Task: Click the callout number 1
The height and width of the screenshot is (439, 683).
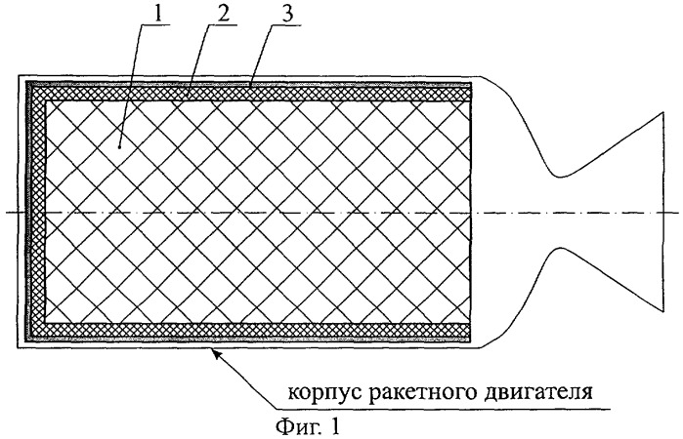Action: point(157,14)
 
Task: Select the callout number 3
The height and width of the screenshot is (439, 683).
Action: point(287,14)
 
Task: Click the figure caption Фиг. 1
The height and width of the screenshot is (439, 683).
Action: point(308,426)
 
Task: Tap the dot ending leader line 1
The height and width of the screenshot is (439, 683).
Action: point(119,147)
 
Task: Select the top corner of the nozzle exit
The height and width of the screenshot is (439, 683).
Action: point(663,112)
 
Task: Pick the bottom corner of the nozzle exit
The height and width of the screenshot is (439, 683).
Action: point(663,312)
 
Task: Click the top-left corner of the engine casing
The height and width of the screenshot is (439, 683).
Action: point(18,76)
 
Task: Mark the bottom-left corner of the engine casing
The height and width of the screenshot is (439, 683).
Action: point(18,347)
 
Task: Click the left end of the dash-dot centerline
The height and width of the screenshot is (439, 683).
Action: point(7,213)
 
